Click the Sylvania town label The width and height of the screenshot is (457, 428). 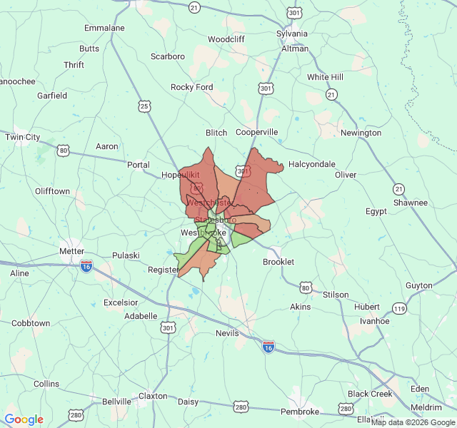click(x=293, y=34)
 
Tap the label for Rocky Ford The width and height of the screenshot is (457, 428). click(x=191, y=87)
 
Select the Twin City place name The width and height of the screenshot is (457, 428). click(x=23, y=137)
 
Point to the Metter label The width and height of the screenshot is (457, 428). click(x=72, y=251)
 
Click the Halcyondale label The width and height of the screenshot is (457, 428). click(x=312, y=164)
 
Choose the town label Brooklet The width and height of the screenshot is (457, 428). click(x=278, y=262)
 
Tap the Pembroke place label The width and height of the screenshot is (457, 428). click(x=300, y=412)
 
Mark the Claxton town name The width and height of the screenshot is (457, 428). click(x=153, y=396)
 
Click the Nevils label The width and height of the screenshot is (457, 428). click(x=228, y=333)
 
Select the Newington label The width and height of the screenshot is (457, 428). click(x=361, y=133)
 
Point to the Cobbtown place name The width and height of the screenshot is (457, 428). click(x=31, y=323)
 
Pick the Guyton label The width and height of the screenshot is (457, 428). click(x=419, y=285)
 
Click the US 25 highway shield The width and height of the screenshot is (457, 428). click(x=145, y=106)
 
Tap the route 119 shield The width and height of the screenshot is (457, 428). click(x=399, y=309)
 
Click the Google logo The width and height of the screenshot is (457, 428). click(x=24, y=419)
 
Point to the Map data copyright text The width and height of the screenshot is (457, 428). click(x=412, y=422)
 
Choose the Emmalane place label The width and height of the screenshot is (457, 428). click(x=104, y=28)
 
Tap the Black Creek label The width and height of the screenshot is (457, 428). click(x=370, y=394)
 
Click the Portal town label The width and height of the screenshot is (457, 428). click(x=139, y=165)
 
